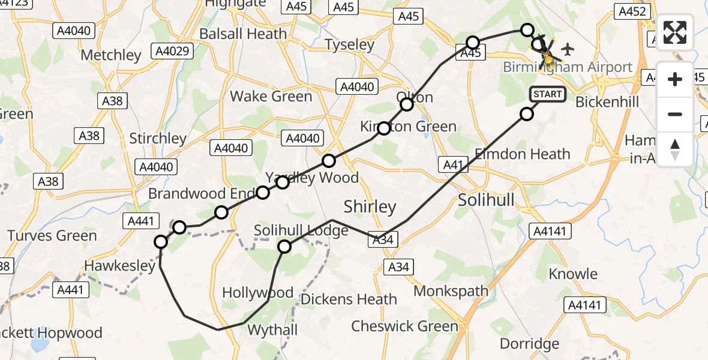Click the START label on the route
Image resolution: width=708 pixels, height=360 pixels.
coord(547,94)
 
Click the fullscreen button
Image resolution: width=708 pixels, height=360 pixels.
coord(675,33)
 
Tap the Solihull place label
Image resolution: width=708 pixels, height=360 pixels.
coord(486,200)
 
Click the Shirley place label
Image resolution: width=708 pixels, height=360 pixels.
coord(370,207)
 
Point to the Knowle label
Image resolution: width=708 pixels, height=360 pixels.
coord(573,274)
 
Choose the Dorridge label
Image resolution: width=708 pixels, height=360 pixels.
coord(529,344)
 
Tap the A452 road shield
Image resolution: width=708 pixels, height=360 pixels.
coord(632,11)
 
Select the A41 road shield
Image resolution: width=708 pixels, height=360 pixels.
coord(454,164)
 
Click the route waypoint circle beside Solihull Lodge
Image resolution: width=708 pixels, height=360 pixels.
coord(284,246)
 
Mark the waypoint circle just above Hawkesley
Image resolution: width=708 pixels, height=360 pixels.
coord(161,242)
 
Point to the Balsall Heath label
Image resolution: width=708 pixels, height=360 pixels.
coord(243,34)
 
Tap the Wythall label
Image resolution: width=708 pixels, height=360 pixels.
coord(272,330)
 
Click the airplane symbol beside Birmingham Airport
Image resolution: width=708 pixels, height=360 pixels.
coord(568,48)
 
